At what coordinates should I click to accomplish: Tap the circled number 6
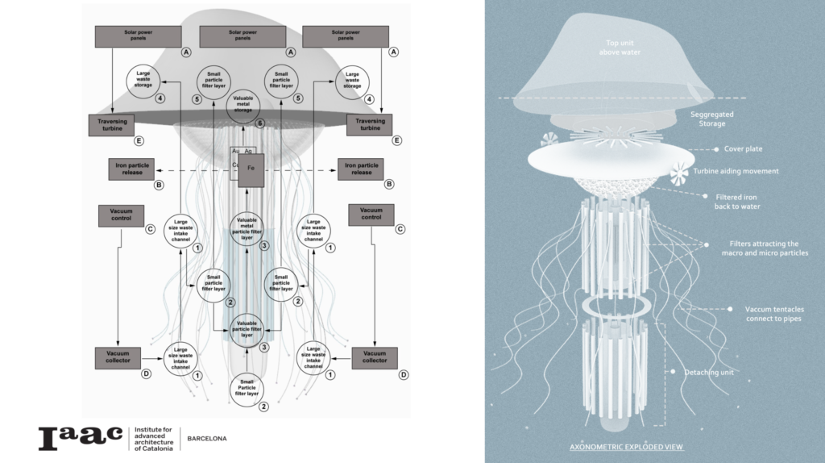(x=259, y=123)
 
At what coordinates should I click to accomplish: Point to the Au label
(x=236, y=151)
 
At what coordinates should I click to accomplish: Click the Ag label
(x=249, y=151)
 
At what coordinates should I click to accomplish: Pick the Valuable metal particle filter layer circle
(x=247, y=228)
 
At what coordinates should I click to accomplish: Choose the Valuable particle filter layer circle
(x=247, y=330)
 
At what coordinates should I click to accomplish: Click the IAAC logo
(x=81, y=438)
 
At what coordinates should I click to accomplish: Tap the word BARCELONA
(x=207, y=439)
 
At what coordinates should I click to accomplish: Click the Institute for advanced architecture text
(x=152, y=438)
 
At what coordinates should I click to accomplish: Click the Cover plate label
(x=743, y=149)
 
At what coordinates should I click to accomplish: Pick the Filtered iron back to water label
(x=737, y=201)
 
